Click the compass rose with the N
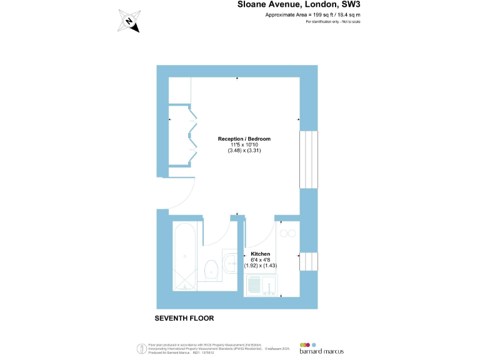[129, 21]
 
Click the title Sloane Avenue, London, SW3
[299, 4]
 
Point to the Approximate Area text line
[312, 14]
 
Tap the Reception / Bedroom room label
[244, 139]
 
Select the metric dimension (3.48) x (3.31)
[244, 151]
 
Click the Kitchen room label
[260, 254]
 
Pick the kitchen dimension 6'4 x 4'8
[260, 259]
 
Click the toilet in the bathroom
[212, 269]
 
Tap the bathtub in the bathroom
[185, 256]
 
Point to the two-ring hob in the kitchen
[288, 233]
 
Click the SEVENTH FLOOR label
[184, 318]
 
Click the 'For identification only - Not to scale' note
[333, 22]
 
